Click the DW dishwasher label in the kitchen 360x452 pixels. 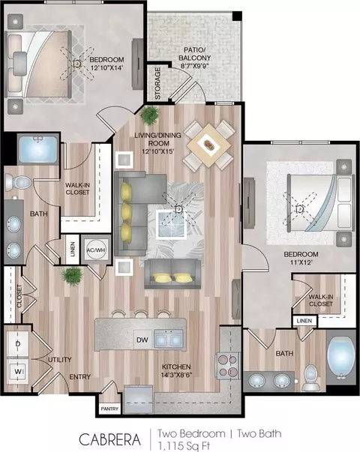[142, 340]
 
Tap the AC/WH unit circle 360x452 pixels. [96, 250]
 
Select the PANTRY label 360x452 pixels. [109, 409]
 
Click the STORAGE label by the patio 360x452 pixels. [157, 84]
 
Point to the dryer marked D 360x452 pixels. [17, 344]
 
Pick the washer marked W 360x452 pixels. [17, 371]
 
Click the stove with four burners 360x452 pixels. [228, 366]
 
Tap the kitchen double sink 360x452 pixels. [169, 338]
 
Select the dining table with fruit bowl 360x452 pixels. [208, 145]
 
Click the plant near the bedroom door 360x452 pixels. [150, 115]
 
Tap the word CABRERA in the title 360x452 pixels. [110, 439]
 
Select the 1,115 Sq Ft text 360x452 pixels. [184, 446]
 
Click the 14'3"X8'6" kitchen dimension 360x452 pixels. [176, 374]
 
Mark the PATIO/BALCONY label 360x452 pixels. [194, 54]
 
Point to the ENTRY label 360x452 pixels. [80, 377]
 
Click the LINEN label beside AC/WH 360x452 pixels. [73, 250]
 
